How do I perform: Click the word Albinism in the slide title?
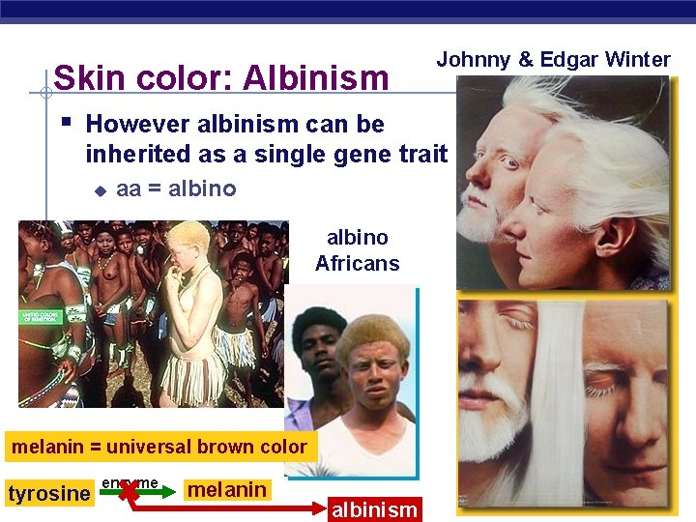(x=315, y=77)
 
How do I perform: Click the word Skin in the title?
(x=84, y=77)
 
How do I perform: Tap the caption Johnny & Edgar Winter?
(x=553, y=60)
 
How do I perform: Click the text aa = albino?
(x=176, y=188)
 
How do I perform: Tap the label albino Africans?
(x=357, y=250)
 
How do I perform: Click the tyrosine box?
(x=48, y=494)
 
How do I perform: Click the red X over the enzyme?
(x=127, y=491)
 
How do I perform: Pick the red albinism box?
(x=374, y=509)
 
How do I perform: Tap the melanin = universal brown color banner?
(x=159, y=448)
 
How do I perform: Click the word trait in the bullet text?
(x=421, y=154)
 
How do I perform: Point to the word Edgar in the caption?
(x=570, y=60)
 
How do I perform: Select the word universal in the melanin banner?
(x=155, y=448)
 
